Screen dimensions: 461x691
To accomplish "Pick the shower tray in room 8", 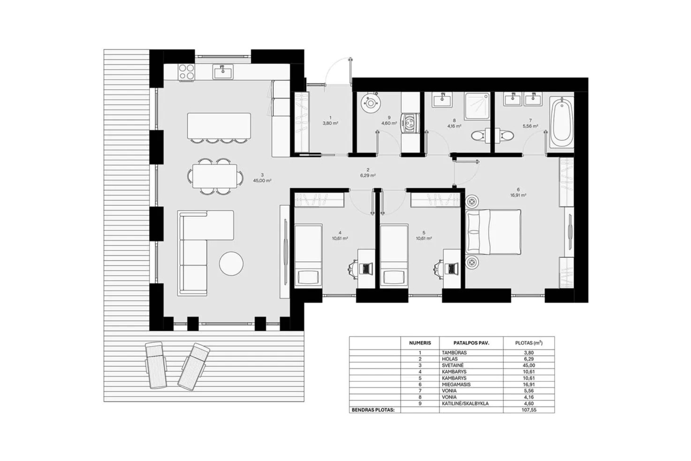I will pyautogui.click(x=477, y=106).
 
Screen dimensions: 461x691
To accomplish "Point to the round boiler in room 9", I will pyautogui.click(x=371, y=103).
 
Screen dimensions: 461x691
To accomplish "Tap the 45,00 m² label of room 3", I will pyautogui.click(x=262, y=180).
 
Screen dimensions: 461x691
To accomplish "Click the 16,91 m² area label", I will pyautogui.click(x=518, y=195).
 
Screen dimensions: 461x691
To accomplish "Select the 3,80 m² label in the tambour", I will pyautogui.click(x=330, y=123).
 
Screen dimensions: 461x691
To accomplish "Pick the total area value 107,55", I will pyautogui.click(x=529, y=410).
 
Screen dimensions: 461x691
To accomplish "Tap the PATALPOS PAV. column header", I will pyautogui.click(x=471, y=343).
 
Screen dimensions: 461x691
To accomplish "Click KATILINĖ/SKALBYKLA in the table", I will pyautogui.click(x=465, y=403).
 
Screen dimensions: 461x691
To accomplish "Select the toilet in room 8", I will pyautogui.click(x=478, y=136).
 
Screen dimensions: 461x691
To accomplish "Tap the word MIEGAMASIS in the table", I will pyautogui.click(x=456, y=385).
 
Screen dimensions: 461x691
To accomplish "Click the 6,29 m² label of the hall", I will pyautogui.click(x=368, y=176).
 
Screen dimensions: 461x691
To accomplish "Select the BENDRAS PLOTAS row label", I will pyautogui.click(x=373, y=410).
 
